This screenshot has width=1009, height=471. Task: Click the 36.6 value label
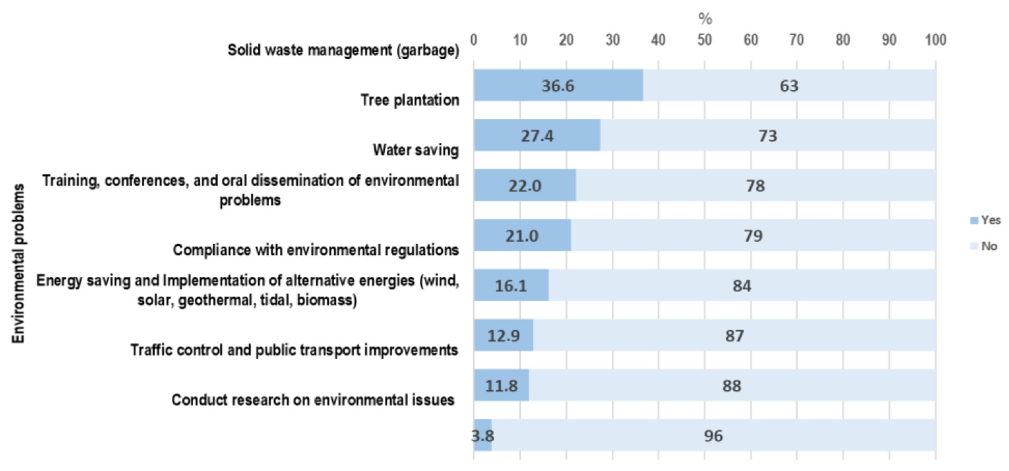tap(557, 86)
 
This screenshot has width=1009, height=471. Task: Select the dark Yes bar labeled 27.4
tap(537, 136)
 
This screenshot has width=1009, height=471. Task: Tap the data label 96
tap(713, 436)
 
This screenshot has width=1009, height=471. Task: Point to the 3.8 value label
tap(482, 436)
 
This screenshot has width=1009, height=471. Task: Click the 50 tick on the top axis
tap(704, 40)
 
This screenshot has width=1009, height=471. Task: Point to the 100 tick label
tap(935, 40)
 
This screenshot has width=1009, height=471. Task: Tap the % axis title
tap(705, 18)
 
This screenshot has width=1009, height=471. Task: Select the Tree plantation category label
tap(410, 100)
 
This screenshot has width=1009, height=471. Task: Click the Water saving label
tap(416, 150)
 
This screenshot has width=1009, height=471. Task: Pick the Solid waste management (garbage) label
tap(343, 50)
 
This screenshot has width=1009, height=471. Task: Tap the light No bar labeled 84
tap(741, 286)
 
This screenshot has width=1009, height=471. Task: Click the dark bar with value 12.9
tap(503, 335)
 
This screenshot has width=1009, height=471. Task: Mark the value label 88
tap(731, 386)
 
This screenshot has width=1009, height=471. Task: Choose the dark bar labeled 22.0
tap(525, 186)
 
